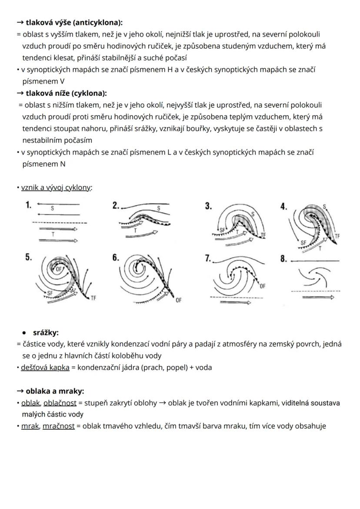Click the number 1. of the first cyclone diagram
(28, 205)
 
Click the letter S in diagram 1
(53, 209)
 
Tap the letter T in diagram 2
(135, 230)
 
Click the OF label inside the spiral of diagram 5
(59, 269)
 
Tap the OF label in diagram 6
(179, 300)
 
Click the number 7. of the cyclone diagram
(208, 258)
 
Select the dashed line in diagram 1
(60, 223)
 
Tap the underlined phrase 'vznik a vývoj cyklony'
(56, 188)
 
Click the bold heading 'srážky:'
(46, 333)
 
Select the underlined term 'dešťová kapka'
(45, 367)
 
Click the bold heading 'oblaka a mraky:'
(55, 391)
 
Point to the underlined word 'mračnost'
(59, 426)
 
